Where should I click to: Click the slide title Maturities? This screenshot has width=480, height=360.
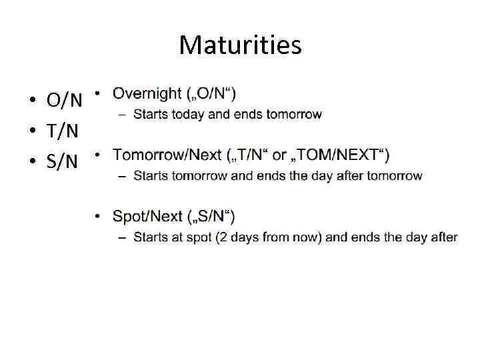[x=240, y=45]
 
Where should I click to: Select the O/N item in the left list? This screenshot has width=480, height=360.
[x=65, y=101]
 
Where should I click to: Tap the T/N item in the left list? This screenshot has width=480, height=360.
[x=63, y=131]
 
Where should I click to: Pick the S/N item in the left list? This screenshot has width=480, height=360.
[x=63, y=161]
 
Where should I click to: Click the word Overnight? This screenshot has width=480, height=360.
[x=147, y=93]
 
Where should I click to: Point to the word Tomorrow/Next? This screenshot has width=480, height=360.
[x=167, y=155]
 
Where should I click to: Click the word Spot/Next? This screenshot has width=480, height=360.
[x=147, y=216]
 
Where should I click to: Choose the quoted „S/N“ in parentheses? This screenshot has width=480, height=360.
[x=210, y=216]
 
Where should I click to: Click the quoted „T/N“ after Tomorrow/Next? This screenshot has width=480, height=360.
[x=249, y=155]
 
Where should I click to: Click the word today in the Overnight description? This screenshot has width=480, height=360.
[x=188, y=115]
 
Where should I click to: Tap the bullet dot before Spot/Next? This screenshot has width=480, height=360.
[x=97, y=216]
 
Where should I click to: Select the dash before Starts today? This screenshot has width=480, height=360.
[x=123, y=115]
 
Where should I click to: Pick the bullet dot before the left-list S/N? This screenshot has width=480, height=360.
[x=31, y=162]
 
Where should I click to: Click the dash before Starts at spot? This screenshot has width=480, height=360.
[x=123, y=237]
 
